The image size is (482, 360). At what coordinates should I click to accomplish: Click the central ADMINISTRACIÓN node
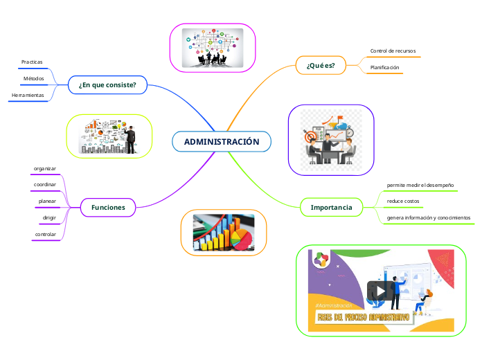[x=222, y=142]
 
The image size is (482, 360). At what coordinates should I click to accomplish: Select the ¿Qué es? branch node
[x=321, y=66]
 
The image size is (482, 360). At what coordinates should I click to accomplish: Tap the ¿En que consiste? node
[x=107, y=85]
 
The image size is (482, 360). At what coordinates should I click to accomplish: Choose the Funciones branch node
[x=108, y=207]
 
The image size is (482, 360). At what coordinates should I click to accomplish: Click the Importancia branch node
[x=331, y=207]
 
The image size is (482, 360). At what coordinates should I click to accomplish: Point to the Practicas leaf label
[x=32, y=62]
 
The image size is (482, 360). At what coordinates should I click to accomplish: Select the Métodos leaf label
[x=33, y=79]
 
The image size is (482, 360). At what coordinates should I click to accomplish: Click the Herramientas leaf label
[x=28, y=95]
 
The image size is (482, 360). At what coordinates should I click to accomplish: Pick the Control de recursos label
[x=393, y=51]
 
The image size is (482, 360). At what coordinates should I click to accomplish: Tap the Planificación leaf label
[x=385, y=68]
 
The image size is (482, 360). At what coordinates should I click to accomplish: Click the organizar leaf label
[x=45, y=168]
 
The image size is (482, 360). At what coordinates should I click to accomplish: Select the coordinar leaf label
[x=45, y=185]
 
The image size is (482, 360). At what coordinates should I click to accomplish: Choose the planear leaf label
[x=48, y=201]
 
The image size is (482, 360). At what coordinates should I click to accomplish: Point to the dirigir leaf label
[x=49, y=218]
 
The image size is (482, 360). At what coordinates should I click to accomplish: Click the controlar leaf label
[x=46, y=235]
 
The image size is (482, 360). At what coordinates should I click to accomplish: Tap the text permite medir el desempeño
[x=420, y=185]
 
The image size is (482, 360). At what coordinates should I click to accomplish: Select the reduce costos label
[x=402, y=201]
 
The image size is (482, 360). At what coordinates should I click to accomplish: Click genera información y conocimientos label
[x=429, y=218]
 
